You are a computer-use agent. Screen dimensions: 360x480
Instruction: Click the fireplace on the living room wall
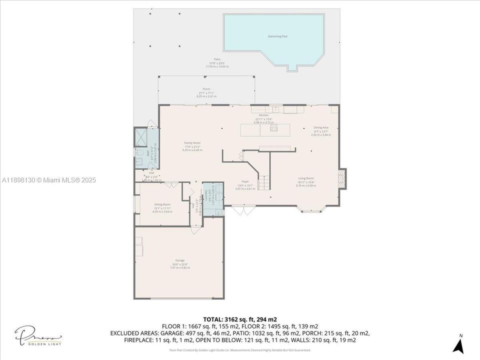coord(342,178)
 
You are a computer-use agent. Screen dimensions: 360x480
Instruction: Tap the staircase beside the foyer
coord(263,183)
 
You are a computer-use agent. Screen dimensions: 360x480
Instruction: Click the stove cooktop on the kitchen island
coord(273,128)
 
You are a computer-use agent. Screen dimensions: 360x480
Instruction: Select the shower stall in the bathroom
coord(140,137)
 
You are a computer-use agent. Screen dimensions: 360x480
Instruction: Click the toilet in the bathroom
coord(139,152)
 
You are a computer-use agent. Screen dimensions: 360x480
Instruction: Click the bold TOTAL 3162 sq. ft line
coord(240,319)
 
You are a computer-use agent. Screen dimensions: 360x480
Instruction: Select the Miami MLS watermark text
coord(48,180)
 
